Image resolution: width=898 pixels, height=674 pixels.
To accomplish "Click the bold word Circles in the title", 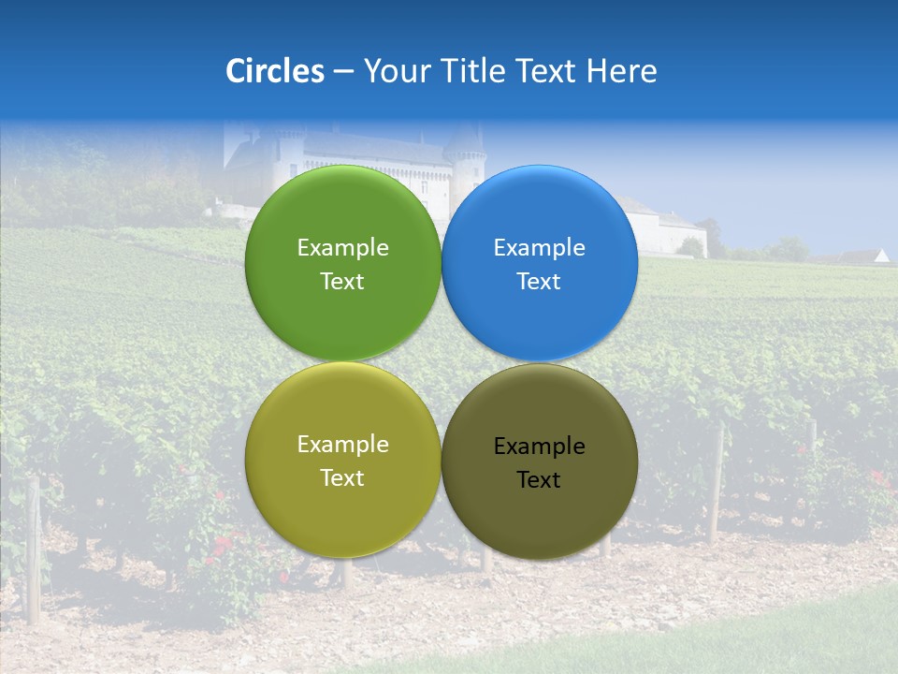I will click(x=275, y=70).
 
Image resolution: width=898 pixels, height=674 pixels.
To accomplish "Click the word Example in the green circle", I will click(x=342, y=247).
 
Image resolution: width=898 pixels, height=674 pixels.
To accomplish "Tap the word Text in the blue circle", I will click(x=540, y=282).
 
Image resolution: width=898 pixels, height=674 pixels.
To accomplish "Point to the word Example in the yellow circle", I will click(x=342, y=445).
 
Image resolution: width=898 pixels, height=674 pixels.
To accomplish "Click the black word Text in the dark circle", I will click(x=540, y=480).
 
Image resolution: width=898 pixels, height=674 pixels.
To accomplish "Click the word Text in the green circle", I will click(x=342, y=282).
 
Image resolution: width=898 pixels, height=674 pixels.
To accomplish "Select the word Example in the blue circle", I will click(x=540, y=247).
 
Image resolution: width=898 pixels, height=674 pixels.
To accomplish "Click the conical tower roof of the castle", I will click(x=465, y=140).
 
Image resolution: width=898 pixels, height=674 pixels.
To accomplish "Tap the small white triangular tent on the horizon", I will click(x=880, y=255).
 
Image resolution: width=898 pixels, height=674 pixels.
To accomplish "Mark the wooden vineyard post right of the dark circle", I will click(x=717, y=487).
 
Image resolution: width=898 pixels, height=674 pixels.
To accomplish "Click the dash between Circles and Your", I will click(x=343, y=71).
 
